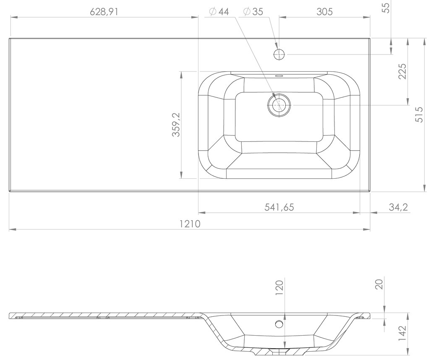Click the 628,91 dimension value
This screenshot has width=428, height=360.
pos(104,11)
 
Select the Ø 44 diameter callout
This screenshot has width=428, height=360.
pos(219,12)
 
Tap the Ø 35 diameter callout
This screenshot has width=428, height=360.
pos(253,12)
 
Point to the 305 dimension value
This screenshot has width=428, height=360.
pos(324,11)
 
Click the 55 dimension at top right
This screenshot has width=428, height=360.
pos(387,8)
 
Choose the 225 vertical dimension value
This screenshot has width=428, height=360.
pos(402,72)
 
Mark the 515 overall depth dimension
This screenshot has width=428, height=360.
pos(418,114)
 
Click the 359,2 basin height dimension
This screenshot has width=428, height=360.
pos(176,125)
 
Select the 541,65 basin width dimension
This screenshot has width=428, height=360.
pos(279,207)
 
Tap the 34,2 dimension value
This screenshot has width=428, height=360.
pos(399,207)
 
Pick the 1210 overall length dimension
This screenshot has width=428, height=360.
pos(190,224)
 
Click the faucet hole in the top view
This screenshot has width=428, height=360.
pos(279,54)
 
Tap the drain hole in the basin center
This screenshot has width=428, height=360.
pos(279,105)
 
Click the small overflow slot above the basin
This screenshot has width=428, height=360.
pos(279,76)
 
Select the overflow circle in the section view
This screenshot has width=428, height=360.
pos(278,324)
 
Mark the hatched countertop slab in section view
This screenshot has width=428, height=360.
pos(105,315)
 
